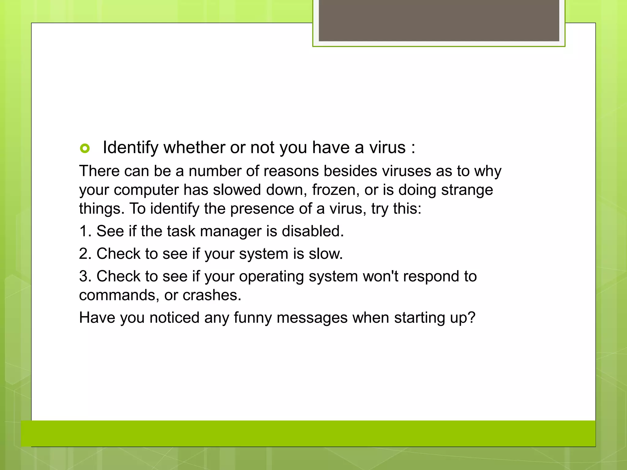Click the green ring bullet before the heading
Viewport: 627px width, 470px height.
click(85, 148)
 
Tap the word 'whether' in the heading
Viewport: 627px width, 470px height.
click(194, 147)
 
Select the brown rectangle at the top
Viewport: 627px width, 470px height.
click(439, 21)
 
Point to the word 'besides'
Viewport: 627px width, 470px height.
click(351, 171)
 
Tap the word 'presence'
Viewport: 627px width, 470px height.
click(262, 209)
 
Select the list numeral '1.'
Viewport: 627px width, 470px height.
click(85, 231)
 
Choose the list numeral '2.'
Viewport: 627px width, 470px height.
click(85, 254)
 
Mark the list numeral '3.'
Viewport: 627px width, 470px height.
click(85, 277)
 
